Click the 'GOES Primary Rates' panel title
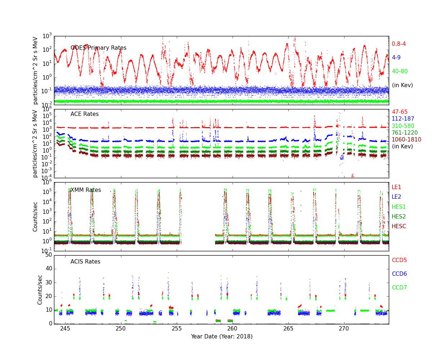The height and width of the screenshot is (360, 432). click(x=98, y=48)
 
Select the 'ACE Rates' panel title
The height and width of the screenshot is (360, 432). click(x=85, y=114)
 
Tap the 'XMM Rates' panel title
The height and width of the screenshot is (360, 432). click(x=86, y=190)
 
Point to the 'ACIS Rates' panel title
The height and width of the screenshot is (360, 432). click(x=85, y=262)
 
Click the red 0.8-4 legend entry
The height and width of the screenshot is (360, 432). click(x=399, y=44)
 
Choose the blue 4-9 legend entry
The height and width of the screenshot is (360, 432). click(x=396, y=58)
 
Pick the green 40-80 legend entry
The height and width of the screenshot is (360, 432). click(x=400, y=71)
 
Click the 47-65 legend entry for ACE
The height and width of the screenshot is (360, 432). click(x=400, y=112)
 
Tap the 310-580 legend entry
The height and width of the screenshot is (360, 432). click(x=403, y=126)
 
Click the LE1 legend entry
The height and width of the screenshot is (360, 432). click(x=396, y=187)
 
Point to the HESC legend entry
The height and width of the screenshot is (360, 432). click(x=399, y=226)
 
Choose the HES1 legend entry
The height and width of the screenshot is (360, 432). click(x=399, y=207)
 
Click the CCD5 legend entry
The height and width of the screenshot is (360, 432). click(x=399, y=260)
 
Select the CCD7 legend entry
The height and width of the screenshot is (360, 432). click(x=399, y=288)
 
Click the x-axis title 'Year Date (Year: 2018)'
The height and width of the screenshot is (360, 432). click(x=221, y=337)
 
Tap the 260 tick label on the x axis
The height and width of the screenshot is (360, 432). click(x=232, y=329)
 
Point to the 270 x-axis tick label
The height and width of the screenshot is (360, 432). click(x=344, y=329)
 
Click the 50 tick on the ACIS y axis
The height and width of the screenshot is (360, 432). click(x=48, y=255)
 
